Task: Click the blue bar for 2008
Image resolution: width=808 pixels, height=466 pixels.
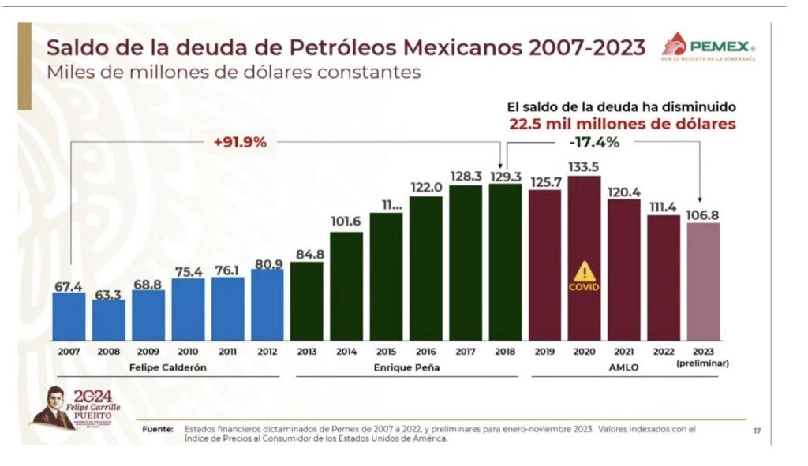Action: click(109, 320)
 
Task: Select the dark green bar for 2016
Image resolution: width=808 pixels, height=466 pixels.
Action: click(425, 268)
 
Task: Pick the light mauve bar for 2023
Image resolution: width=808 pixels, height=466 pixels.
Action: click(703, 281)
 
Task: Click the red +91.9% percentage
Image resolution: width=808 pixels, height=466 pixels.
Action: click(240, 143)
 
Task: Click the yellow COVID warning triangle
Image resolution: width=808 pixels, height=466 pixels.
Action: click(584, 272)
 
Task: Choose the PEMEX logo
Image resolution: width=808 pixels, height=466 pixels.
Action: click(709, 47)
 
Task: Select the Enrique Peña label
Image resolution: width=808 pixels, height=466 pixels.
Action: click(406, 367)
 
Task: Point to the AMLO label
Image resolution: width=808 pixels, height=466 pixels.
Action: click(623, 367)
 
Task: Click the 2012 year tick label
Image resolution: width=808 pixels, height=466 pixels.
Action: click(267, 352)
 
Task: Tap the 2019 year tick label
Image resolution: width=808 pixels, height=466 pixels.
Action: click(544, 352)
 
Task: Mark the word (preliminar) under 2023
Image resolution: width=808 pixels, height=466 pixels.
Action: click(703, 363)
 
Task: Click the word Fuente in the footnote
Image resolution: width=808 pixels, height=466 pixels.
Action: click(158, 429)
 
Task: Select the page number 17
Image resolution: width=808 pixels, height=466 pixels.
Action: click(757, 431)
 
